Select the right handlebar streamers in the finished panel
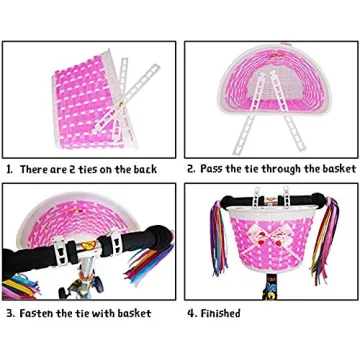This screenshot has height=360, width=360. tap(335, 255)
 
